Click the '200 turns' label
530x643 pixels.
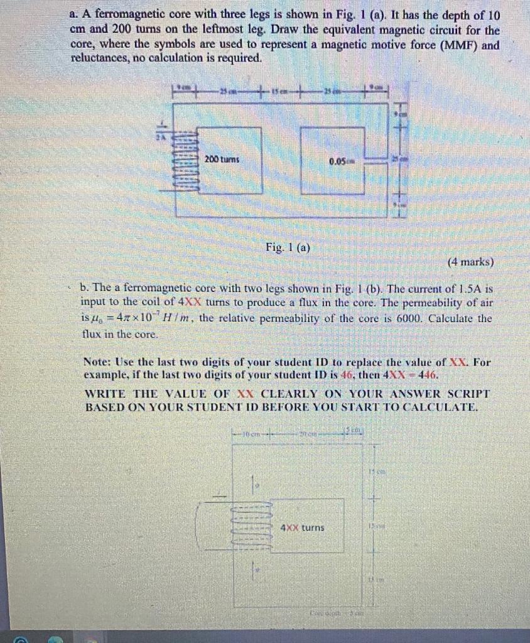(222, 159)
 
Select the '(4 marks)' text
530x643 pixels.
(470, 262)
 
